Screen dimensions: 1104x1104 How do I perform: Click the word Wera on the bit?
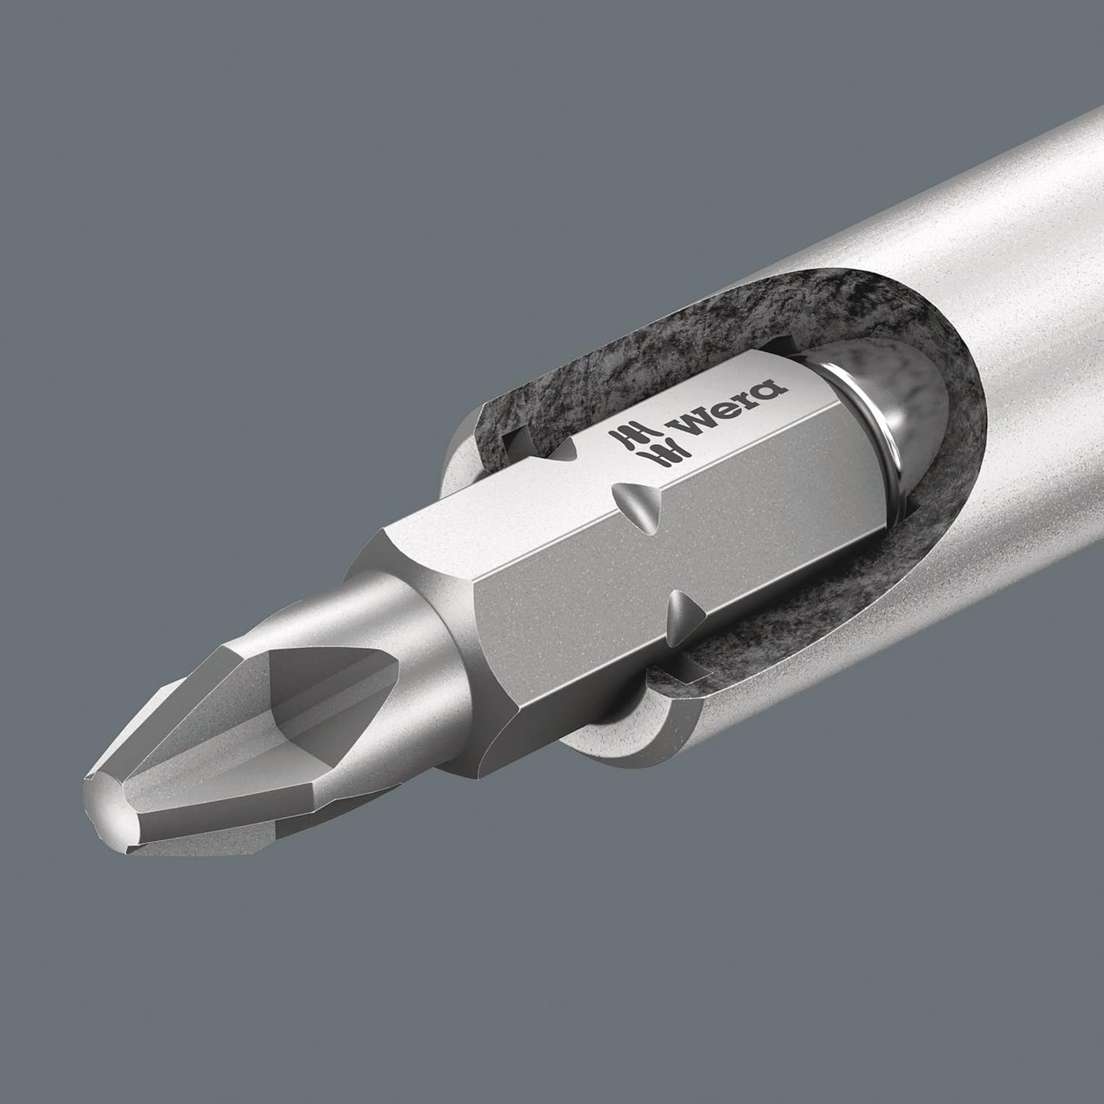click(x=730, y=413)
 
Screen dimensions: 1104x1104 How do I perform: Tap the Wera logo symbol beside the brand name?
click(x=633, y=448)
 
